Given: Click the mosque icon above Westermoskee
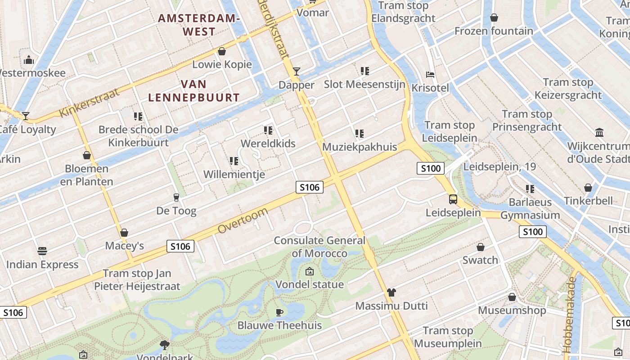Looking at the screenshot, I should point(29,60).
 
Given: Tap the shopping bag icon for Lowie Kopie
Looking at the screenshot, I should point(222,51).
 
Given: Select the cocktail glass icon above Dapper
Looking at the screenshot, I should point(296,72).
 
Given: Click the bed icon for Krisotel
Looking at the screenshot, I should point(430,74).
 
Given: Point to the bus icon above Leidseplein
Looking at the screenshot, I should point(453,199).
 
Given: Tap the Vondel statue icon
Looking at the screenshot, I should point(310,271).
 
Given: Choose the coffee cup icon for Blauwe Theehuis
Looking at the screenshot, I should point(279,312).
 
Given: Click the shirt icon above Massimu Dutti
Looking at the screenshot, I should point(391,292).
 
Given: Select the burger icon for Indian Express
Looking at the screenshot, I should point(42,251).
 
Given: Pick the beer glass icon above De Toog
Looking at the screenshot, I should point(176,198).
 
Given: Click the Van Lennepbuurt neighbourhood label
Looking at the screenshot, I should point(193,90).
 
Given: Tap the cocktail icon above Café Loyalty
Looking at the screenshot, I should point(26,116).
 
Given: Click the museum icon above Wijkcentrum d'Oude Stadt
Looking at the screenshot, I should point(599,133).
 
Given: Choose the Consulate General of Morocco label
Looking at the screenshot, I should point(319,247).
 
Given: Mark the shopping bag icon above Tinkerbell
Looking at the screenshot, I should point(588,188).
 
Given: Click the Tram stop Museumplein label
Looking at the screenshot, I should point(448,337).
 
